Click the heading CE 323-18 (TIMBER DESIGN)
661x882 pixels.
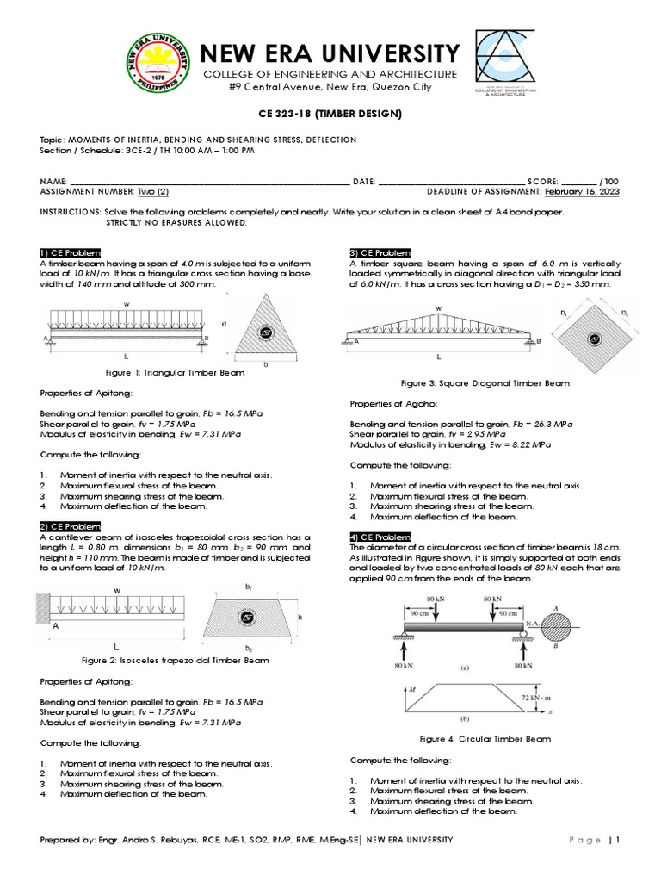pos(330,114)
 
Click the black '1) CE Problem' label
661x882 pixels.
pos(71,252)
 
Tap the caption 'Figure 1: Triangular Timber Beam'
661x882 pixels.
pos(175,372)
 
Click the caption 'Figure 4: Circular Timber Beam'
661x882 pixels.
pos(485,738)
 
